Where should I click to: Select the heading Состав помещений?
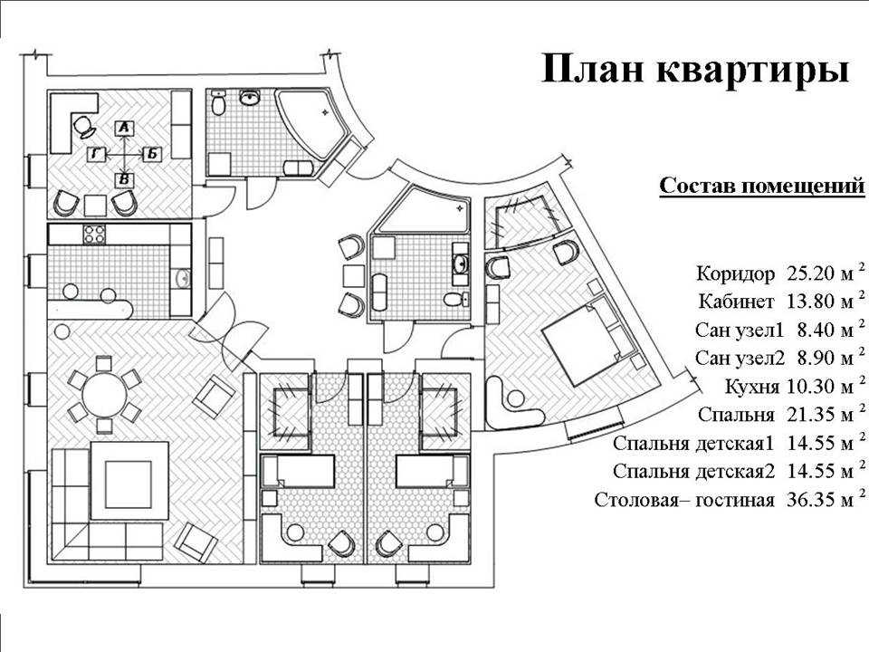tap(761, 187)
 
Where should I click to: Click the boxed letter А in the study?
tap(126, 129)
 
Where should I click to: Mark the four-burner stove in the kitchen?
tap(95, 235)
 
